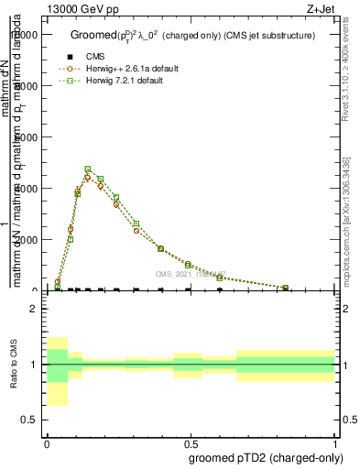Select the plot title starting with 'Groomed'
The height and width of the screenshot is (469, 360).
tap(192, 35)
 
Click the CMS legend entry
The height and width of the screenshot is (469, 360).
tap(95, 57)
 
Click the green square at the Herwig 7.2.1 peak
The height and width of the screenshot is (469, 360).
tap(88, 169)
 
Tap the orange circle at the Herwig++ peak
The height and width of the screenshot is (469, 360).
tap(88, 178)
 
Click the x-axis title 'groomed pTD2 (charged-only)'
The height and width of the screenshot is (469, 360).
tap(267, 455)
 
